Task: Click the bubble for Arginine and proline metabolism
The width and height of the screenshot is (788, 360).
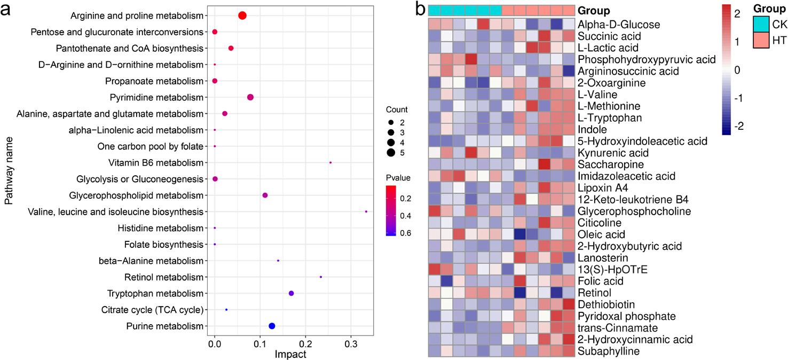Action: coord(242,15)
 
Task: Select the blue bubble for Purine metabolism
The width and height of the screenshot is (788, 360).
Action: coord(272,326)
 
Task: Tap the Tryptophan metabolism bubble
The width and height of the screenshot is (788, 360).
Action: coord(291,293)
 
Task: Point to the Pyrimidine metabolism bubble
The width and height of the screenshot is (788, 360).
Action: coord(250,97)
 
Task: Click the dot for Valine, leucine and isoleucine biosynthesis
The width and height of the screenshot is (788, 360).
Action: coord(366,212)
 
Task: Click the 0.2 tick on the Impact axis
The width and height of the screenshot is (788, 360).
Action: coord(305,346)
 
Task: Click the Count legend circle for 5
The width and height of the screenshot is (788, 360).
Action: coord(391,153)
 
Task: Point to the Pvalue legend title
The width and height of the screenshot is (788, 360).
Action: coord(398,177)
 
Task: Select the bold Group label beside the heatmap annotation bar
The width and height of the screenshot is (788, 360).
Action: coord(596,11)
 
